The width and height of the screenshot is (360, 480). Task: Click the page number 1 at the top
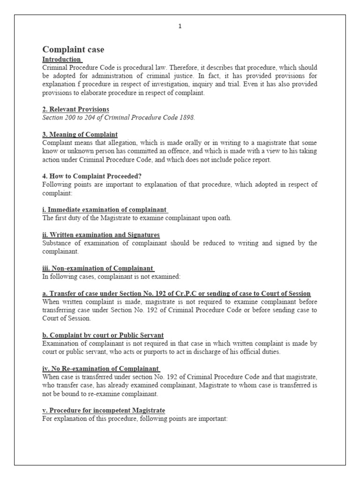pos(180,27)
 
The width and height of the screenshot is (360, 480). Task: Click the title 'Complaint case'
pos(73,50)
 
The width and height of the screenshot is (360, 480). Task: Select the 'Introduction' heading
pos(61,60)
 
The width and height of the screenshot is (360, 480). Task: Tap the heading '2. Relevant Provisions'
pos(75,109)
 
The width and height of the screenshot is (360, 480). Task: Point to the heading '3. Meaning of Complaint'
pos(80,135)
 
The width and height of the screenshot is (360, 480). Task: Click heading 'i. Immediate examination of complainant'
pos(105,210)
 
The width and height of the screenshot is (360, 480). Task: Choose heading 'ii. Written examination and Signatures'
pos(101,234)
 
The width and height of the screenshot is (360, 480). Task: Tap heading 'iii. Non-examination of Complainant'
pos(98,268)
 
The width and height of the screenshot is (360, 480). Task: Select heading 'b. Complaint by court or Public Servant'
pos(103,335)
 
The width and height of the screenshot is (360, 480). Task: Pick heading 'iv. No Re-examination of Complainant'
pos(101,368)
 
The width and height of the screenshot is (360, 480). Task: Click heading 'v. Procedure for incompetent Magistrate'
pos(104,410)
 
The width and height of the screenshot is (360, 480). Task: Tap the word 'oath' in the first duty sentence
pos(224,218)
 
